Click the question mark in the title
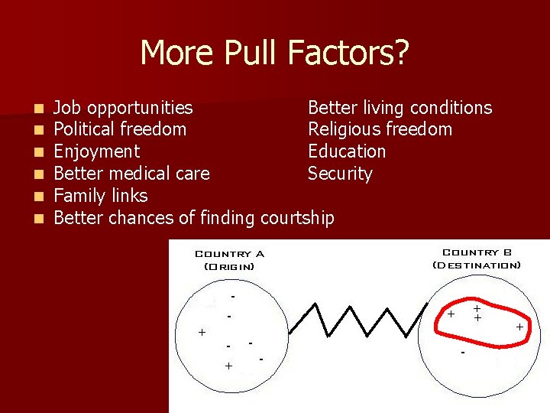(401, 53)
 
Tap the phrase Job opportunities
(123, 108)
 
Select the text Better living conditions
(400, 108)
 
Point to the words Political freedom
(120, 129)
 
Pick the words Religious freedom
(380, 129)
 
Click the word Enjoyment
(96, 151)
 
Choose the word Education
(347, 151)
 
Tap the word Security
(340, 174)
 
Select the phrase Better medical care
(131, 174)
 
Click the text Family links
(101, 196)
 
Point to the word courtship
(297, 218)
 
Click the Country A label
(229, 254)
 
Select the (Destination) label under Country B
(477, 265)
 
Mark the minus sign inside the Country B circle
(463, 353)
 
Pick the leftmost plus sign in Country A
(202, 332)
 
